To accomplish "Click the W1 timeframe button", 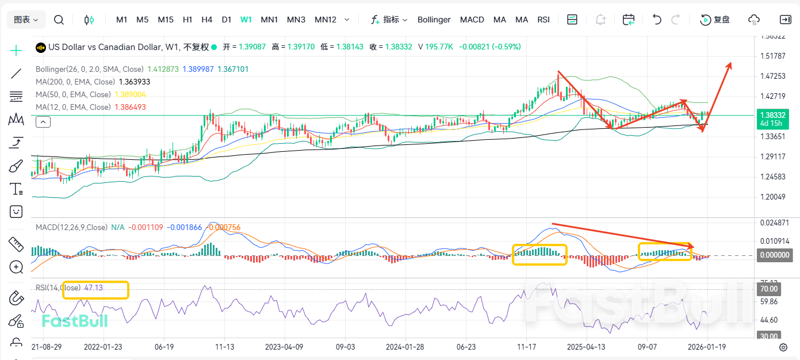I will point(246,20).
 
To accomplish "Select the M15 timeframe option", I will point(166,20).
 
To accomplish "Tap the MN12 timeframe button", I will point(326,20).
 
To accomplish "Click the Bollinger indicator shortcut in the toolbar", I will point(434,20).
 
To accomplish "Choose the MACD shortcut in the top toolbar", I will point(472,20).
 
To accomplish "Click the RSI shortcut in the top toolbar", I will point(543,20).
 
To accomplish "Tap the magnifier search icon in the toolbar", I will point(59,20).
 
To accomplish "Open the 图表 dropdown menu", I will point(26,20).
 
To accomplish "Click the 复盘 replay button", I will point(715,20).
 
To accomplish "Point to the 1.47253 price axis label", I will point(773,76).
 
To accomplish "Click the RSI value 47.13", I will point(93,288).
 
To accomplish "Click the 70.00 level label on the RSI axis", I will point(770,289).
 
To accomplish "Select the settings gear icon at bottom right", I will point(783,347).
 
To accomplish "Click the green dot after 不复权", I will point(214,47).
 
